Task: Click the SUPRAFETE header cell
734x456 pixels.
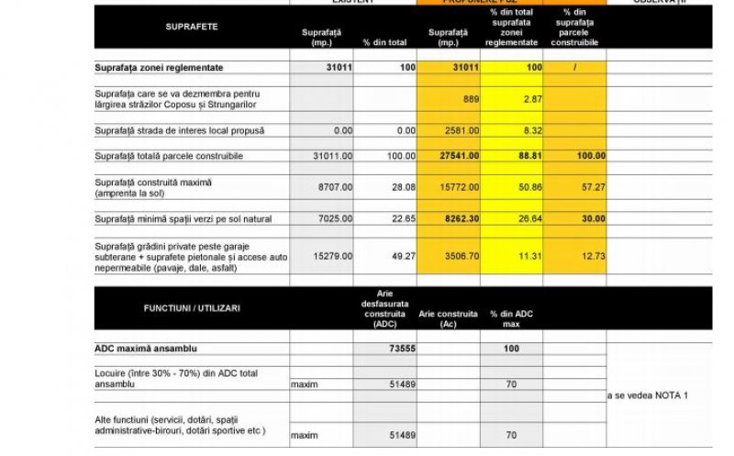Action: (x=192, y=27)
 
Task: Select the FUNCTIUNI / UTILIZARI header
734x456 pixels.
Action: (x=192, y=308)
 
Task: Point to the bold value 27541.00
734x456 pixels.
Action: (x=459, y=156)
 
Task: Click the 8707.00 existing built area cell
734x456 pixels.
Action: (x=333, y=187)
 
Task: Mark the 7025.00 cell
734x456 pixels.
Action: (x=333, y=219)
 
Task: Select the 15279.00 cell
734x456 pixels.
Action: (x=331, y=256)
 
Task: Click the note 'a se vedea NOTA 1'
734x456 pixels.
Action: (x=648, y=395)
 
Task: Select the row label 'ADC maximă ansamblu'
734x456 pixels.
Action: (x=146, y=349)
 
